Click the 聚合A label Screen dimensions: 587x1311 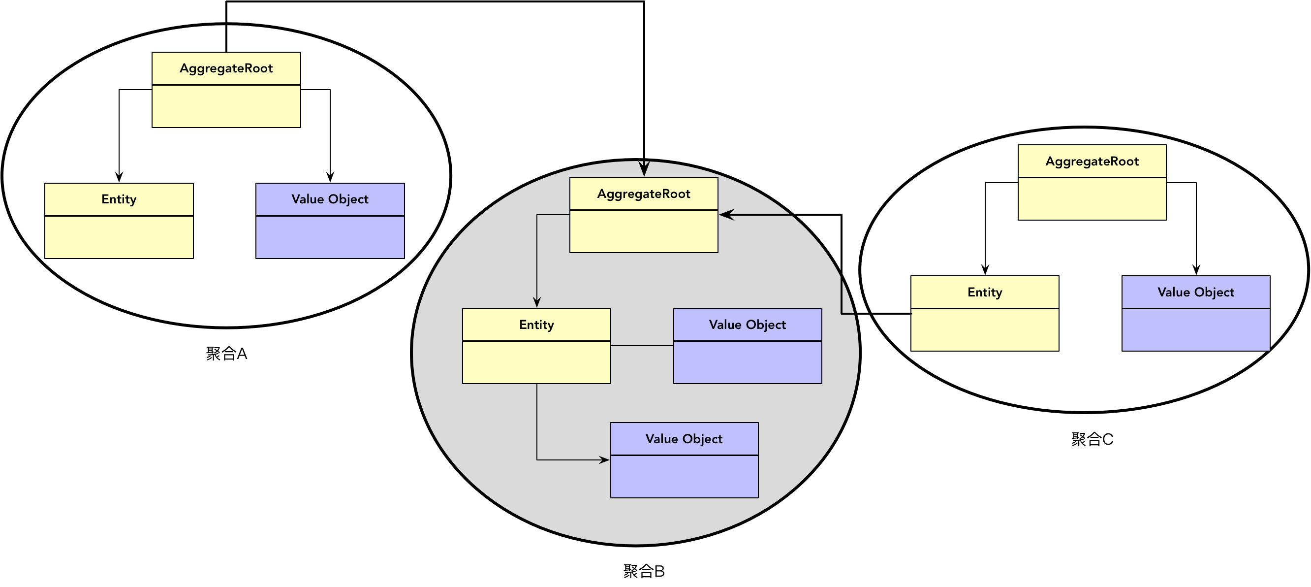click(226, 353)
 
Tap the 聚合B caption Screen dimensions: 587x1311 click(644, 571)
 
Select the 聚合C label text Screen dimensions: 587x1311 click(1092, 439)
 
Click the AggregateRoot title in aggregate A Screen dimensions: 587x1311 click(226, 68)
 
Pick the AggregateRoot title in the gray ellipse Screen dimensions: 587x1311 click(644, 194)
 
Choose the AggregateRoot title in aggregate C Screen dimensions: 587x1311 click(1092, 162)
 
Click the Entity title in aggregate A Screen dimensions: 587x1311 click(119, 199)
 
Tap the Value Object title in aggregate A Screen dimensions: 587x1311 click(330, 199)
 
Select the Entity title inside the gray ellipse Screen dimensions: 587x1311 click(536, 325)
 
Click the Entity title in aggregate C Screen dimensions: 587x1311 click(985, 292)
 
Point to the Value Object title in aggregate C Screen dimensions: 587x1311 click(1196, 292)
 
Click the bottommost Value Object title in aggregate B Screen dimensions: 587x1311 click(684, 439)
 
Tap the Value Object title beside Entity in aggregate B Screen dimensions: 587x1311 click(748, 325)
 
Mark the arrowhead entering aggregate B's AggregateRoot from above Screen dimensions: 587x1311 click(644, 169)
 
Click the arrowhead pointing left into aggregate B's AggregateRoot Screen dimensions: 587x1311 click(726, 215)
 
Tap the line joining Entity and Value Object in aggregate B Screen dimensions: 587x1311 click(642, 346)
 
